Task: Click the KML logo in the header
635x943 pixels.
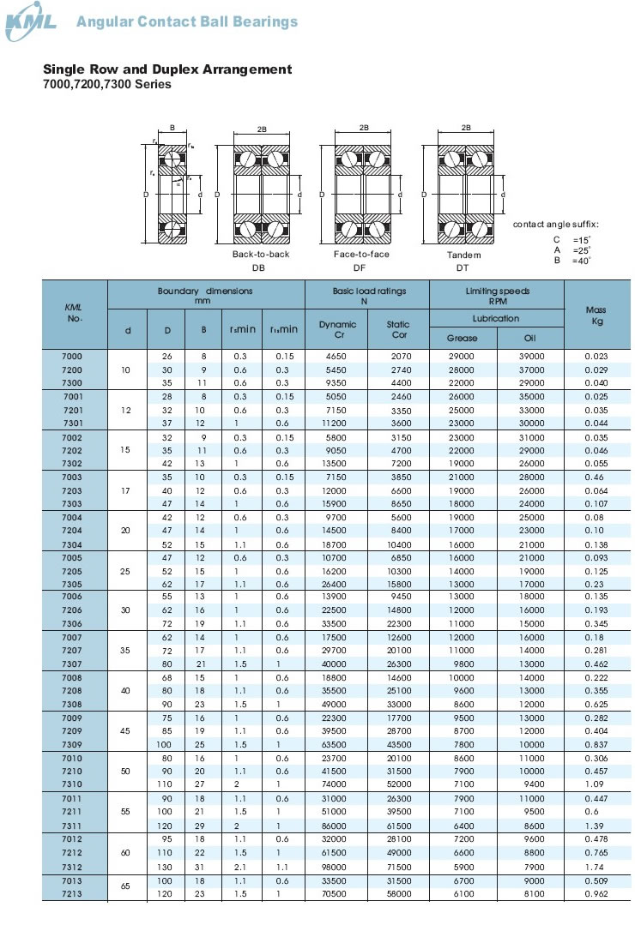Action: click(32, 22)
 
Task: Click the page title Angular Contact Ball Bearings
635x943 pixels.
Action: click(187, 22)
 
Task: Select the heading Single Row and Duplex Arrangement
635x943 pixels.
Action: click(167, 69)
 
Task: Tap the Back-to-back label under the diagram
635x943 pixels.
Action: click(261, 255)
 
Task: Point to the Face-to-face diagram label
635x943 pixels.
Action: click(361, 255)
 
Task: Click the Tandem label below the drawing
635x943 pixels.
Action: click(463, 255)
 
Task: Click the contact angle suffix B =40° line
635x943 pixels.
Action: click(572, 260)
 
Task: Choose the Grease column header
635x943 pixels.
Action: click(462, 338)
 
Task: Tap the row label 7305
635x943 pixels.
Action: click(73, 583)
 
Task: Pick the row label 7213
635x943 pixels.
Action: click(73, 894)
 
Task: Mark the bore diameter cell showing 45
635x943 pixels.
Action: click(127, 731)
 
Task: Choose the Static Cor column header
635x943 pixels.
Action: click(398, 329)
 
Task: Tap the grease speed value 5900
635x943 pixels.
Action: click(462, 867)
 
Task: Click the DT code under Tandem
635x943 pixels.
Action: click(463, 267)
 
